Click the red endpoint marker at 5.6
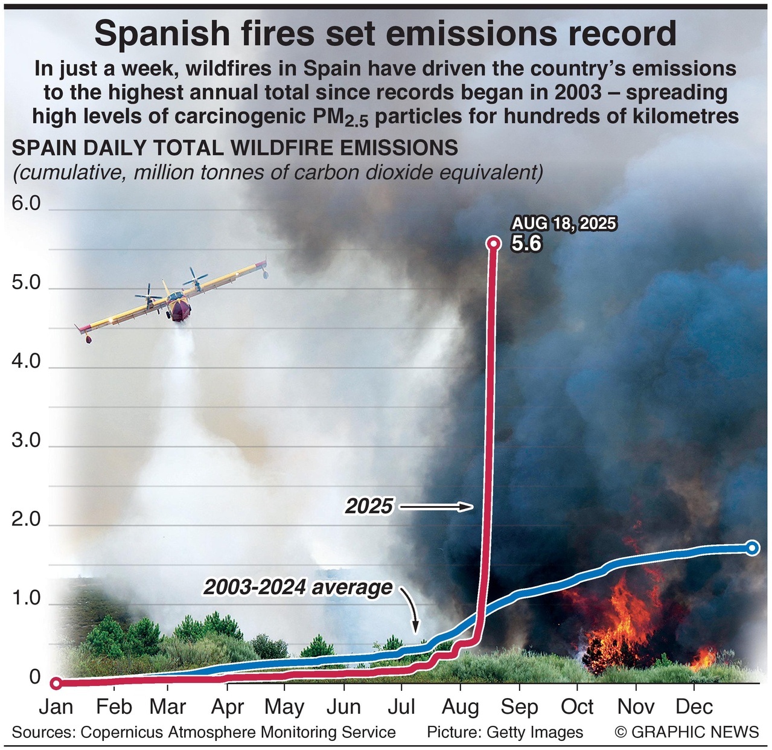[x=493, y=243]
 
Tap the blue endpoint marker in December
[x=752, y=548]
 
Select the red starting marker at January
[x=56, y=683]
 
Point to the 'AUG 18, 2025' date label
[x=564, y=223]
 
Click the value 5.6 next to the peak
[x=526, y=243]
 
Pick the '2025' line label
[x=369, y=506]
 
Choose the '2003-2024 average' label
[x=298, y=587]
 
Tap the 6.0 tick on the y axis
[x=26, y=204]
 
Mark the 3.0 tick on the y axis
[x=26, y=440]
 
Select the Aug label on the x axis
[x=461, y=707]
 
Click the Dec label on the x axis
[x=694, y=707]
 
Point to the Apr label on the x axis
[x=228, y=707]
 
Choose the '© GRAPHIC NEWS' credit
[x=687, y=732]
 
